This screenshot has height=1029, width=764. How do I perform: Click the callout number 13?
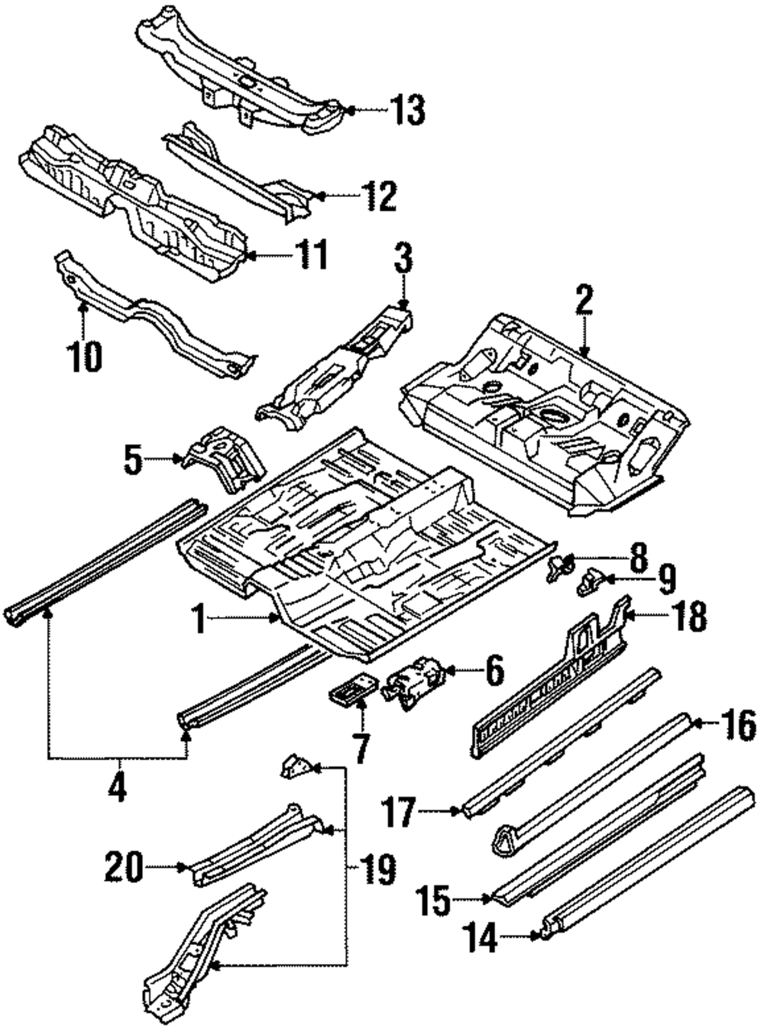(406, 110)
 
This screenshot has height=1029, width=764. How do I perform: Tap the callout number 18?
(690, 616)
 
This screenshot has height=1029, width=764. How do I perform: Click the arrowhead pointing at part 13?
(351, 110)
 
